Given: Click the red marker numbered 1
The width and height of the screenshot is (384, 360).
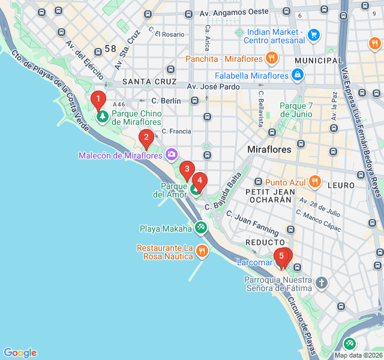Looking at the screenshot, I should point(97,100).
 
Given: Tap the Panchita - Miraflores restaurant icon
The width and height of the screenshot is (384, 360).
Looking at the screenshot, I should point(272,58).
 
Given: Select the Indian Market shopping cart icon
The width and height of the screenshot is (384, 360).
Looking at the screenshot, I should point(313,35).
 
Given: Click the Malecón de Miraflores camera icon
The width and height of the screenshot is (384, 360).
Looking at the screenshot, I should point(172,155).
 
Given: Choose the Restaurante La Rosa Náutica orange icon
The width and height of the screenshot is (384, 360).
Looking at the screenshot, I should point(202,251).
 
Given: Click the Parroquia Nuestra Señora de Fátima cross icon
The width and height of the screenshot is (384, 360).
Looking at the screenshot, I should point(322,283).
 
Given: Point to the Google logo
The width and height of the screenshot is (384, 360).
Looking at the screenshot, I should point(20,353).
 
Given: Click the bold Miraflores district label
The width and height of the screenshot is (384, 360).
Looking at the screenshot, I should point(269,149).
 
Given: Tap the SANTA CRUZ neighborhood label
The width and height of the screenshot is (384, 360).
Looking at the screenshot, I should point(149,81).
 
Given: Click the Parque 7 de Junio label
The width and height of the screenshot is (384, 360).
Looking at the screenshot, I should point(296,110).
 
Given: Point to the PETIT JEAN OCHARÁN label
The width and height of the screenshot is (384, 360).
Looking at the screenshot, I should point(271,197).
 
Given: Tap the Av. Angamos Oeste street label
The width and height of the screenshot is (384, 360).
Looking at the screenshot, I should point(234,13).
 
